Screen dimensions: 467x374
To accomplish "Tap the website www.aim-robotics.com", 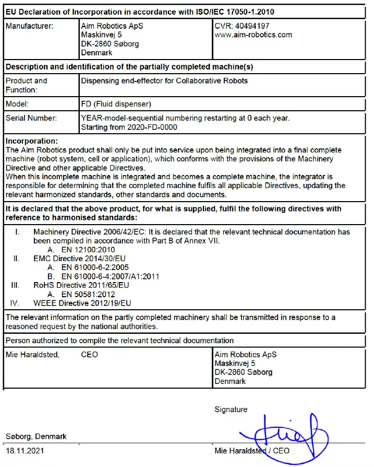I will (253, 34).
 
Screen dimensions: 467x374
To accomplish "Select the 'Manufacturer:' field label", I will (29, 26).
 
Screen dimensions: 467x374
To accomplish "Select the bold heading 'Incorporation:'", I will (32, 141).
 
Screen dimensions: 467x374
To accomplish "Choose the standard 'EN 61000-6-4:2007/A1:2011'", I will (110, 276).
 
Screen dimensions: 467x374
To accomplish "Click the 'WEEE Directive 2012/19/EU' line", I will (82, 303).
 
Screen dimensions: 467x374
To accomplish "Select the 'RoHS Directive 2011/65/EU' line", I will (81, 285).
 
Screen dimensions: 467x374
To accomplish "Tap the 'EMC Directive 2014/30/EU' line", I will (79, 259).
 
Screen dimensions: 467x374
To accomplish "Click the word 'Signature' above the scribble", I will (231, 410).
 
